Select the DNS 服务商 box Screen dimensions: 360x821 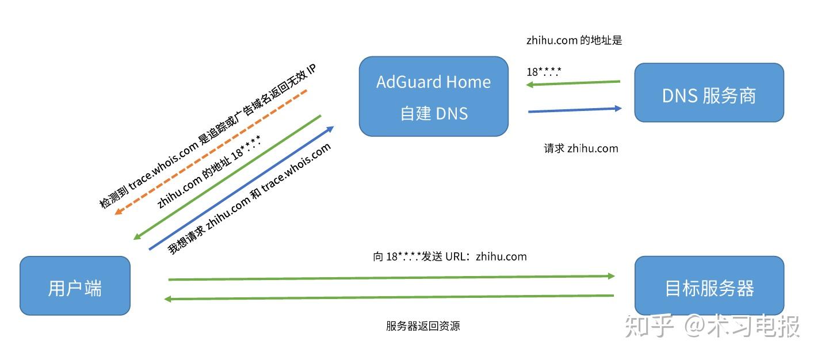708,93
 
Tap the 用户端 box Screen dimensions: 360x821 75,286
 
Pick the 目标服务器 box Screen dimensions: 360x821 708,286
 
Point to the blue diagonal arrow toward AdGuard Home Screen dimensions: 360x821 240,188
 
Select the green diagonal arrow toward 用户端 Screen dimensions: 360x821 227,177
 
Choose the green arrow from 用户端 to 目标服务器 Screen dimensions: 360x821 391,278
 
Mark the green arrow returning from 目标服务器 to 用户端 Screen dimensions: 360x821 391,297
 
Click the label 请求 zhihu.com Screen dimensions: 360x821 581,148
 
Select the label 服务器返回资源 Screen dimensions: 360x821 423,326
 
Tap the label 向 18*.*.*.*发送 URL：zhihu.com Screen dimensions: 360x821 449,256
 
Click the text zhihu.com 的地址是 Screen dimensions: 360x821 574,41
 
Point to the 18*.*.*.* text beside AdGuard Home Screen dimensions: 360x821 544,72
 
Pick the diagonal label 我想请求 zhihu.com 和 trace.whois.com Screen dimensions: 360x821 249,199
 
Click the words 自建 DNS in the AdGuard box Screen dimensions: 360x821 434,113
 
